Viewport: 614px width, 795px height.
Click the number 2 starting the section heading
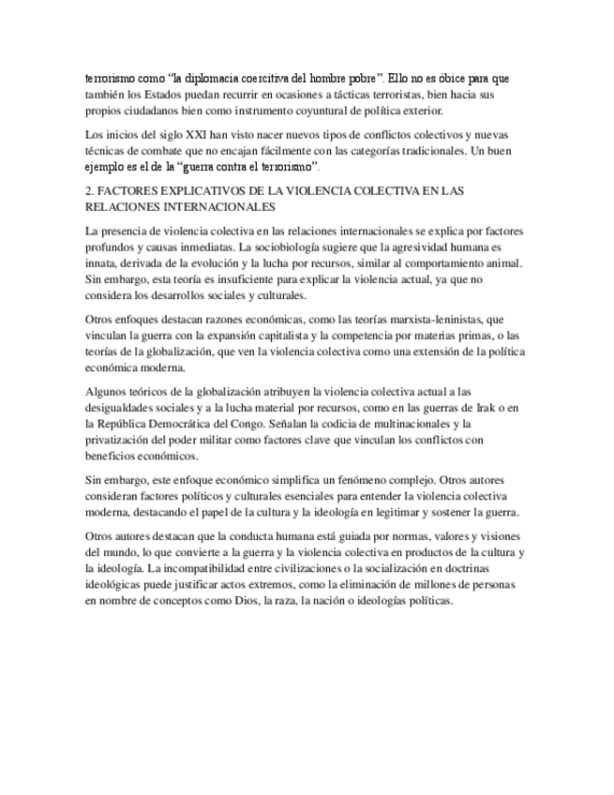tap(88, 191)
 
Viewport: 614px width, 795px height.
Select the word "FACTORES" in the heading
tap(132, 191)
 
